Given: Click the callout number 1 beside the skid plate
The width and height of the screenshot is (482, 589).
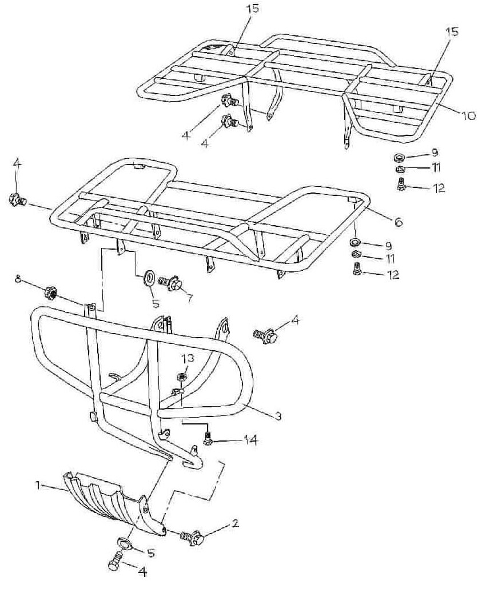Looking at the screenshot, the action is (38, 486).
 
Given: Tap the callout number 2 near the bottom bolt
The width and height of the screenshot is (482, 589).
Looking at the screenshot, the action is (236, 523).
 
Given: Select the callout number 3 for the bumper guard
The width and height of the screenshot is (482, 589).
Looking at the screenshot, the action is (278, 416).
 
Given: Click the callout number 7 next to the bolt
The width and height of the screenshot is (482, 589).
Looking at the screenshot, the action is (190, 299).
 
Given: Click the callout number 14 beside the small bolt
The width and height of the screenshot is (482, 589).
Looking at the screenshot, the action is (249, 439).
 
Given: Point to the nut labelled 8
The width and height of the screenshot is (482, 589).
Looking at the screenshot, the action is (50, 293).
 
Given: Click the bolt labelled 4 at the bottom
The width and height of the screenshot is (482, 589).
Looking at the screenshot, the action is (115, 562).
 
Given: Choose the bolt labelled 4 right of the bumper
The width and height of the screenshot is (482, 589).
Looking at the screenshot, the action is (266, 335).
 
